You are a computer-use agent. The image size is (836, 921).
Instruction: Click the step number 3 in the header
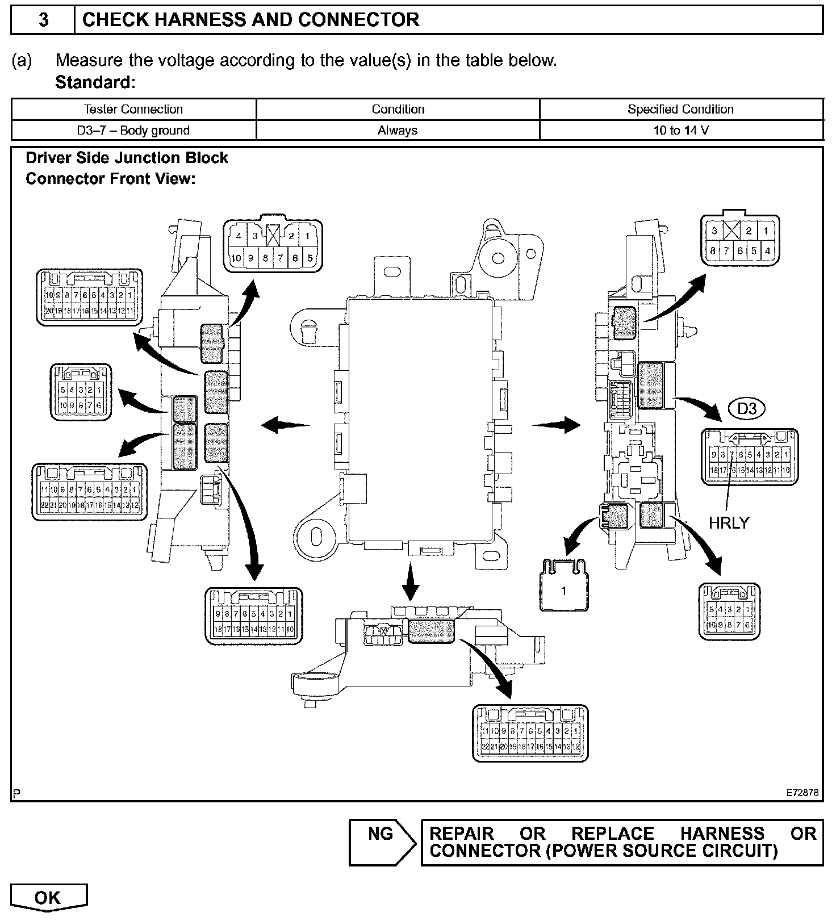click(x=43, y=20)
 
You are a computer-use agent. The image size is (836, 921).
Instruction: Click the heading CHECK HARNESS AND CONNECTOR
click(x=250, y=20)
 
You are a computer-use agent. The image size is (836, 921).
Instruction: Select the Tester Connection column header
click(x=133, y=109)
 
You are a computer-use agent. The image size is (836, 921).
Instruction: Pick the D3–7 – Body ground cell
click(x=133, y=130)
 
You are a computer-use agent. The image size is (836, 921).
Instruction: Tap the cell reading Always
click(x=398, y=130)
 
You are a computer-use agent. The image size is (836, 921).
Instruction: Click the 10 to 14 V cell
click(x=680, y=130)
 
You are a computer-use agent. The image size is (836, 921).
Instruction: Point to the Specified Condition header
click(x=680, y=109)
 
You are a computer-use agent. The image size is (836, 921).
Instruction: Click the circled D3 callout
click(x=747, y=409)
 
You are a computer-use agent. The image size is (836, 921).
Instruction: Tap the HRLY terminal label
click(x=729, y=522)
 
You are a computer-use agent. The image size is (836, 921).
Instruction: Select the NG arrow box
click(x=382, y=842)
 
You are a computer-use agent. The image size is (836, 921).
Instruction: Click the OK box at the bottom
click(x=48, y=898)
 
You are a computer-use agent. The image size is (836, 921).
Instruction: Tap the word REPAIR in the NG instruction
click(x=461, y=834)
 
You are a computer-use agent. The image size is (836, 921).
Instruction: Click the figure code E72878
click(x=802, y=793)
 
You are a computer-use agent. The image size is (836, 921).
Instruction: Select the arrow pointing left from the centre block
click(x=284, y=425)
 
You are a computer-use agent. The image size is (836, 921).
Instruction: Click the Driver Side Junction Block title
click(x=127, y=158)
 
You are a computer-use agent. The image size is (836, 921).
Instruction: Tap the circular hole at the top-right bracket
click(x=498, y=258)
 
